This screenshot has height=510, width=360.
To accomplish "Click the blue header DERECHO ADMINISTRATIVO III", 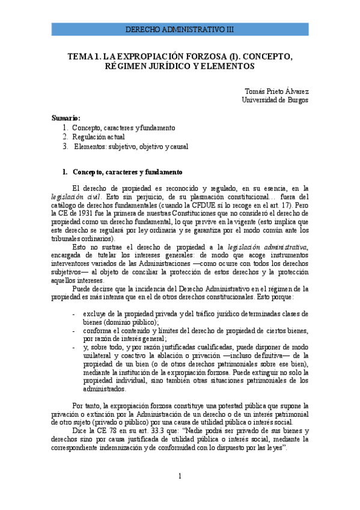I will click(180, 29).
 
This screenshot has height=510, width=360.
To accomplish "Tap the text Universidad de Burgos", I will click(275, 100).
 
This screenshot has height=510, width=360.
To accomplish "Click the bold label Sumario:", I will click(66, 118).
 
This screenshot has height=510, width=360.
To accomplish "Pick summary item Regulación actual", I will click(98, 137).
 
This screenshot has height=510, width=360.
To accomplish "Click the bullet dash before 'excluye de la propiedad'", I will click(73, 313).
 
